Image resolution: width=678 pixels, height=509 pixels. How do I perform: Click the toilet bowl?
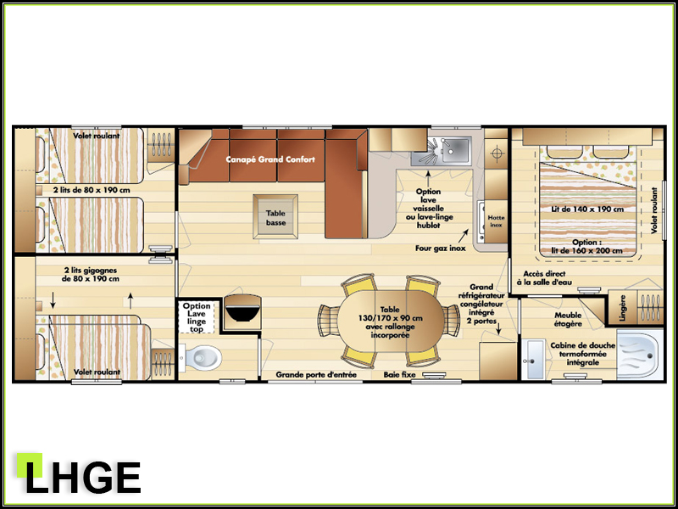click(201, 357)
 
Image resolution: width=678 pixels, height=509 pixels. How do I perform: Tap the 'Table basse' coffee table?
click(275, 216)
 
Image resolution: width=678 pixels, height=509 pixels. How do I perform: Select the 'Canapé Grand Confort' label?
click(270, 159)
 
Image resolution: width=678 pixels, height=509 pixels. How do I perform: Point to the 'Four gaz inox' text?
click(440, 249)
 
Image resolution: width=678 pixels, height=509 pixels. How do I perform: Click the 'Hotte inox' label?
click(496, 221)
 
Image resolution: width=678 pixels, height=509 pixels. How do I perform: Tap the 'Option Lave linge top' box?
click(197, 317)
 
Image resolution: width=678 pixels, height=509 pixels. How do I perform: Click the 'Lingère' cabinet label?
click(623, 308)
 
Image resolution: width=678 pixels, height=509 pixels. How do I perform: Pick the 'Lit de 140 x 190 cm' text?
click(587, 209)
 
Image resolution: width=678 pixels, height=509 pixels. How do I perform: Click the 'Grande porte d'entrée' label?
click(316, 374)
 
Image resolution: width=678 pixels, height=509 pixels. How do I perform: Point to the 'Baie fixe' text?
click(399, 374)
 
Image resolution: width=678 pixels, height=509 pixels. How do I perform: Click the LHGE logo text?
click(83, 477)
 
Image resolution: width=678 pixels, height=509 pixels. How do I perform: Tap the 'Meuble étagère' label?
click(568, 320)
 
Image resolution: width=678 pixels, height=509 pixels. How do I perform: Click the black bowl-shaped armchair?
click(242, 311)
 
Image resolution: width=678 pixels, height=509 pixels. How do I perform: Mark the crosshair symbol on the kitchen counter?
click(497, 154)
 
